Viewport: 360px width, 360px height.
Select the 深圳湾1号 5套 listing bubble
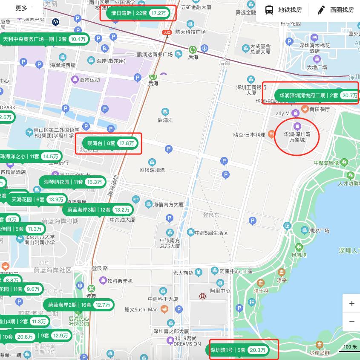pyautogui.click(x=238, y=350)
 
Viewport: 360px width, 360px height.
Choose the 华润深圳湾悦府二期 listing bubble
pyautogui.click(x=317, y=96)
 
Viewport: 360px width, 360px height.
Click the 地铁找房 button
pyautogui.click(x=283, y=10)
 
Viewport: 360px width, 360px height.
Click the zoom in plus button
pyautogui.click(x=351, y=303)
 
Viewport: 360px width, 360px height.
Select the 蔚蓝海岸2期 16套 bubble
pyautogui.click(x=79, y=305)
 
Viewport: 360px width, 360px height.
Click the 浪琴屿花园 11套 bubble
pyautogui.click(x=72, y=182)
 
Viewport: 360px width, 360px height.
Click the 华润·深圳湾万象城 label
pyautogui.click(x=297, y=136)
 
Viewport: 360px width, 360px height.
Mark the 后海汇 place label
pyautogui.click(x=165, y=120)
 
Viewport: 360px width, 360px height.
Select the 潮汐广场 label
pyautogui.click(x=319, y=231)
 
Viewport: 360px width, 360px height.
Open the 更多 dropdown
pyautogui.click(x=21, y=8)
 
